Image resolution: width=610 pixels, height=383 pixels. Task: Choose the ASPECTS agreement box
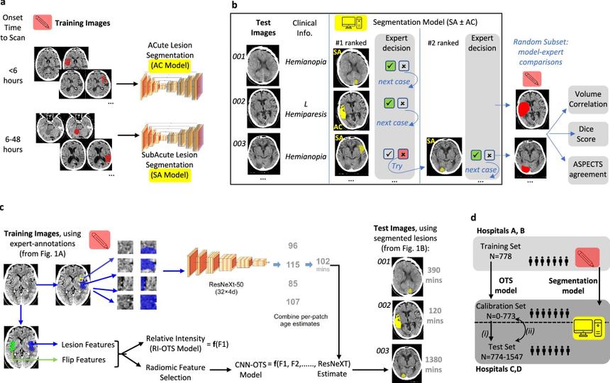click(588, 170)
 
